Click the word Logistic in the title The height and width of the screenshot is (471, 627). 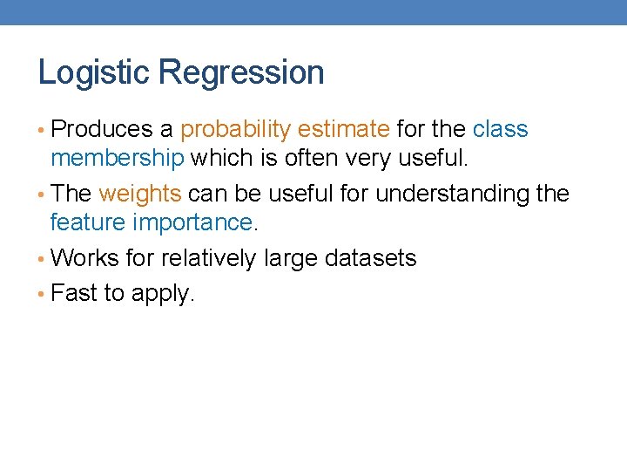(93, 72)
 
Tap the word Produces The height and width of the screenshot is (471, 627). (102, 129)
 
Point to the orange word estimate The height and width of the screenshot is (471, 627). (343, 129)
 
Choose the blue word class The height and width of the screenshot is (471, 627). (500, 129)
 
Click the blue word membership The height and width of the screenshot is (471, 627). (117, 158)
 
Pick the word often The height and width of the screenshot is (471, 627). (311, 158)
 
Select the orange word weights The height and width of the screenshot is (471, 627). (139, 194)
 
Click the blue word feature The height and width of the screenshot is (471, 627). (88, 222)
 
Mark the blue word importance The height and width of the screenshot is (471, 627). (192, 222)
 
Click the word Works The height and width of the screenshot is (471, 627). (85, 258)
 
